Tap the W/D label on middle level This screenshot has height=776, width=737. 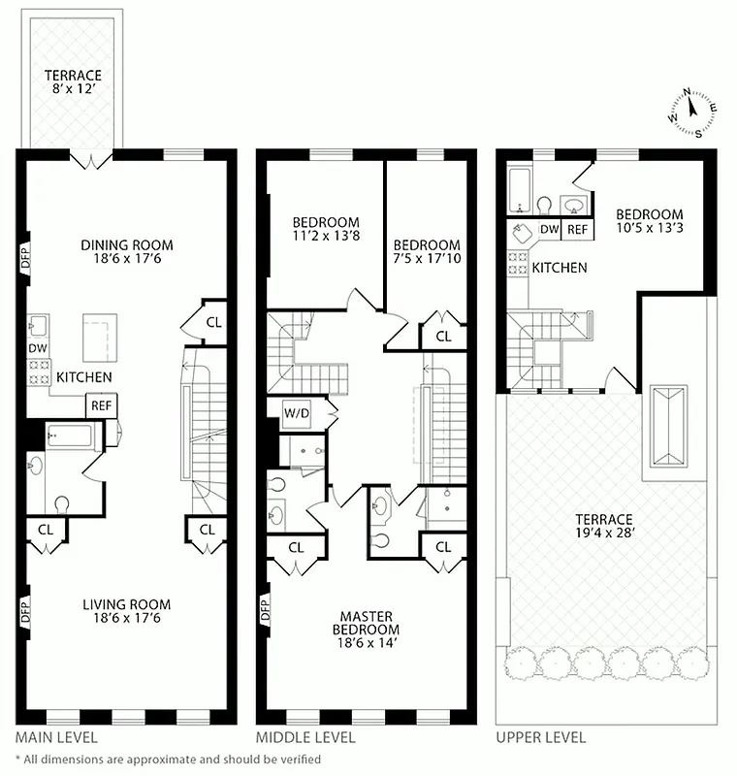[296, 414]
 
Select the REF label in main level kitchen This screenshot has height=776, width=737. [101, 406]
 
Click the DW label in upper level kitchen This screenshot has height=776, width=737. [549, 229]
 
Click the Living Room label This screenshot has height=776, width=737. [127, 604]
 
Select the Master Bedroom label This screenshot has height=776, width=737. [366, 622]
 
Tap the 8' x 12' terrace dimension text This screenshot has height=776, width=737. [73, 90]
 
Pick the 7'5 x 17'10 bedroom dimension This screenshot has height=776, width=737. [427, 259]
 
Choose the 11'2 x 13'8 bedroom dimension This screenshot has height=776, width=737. [325, 236]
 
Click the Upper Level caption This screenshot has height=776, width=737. [540, 737]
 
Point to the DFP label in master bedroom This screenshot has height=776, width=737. [264, 612]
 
